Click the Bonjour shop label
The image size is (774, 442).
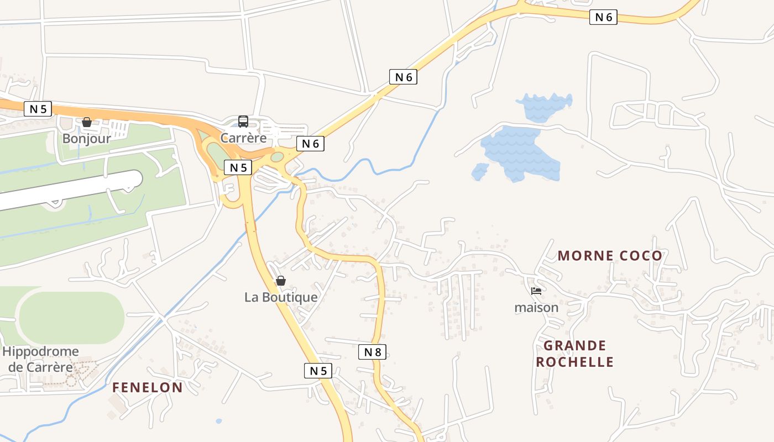point(86,138)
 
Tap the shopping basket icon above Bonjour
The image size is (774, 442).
point(87,122)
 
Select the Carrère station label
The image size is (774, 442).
point(243,138)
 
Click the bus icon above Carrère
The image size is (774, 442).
point(243,122)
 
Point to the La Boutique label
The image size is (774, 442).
point(281,297)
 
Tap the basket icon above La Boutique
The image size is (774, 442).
point(281,281)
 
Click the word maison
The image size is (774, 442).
point(536,307)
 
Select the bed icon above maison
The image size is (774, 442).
point(536,291)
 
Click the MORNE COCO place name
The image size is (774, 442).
point(609,256)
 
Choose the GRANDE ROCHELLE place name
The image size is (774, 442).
point(575,354)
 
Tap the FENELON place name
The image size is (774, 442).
point(147,387)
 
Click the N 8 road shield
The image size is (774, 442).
point(372,351)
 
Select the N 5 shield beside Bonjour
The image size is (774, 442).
point(38,109)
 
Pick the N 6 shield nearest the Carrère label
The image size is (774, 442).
point(310,144)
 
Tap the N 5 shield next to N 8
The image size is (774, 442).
point(318,371)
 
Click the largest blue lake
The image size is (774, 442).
point(520,152)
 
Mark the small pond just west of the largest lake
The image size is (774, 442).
point(479,171)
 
